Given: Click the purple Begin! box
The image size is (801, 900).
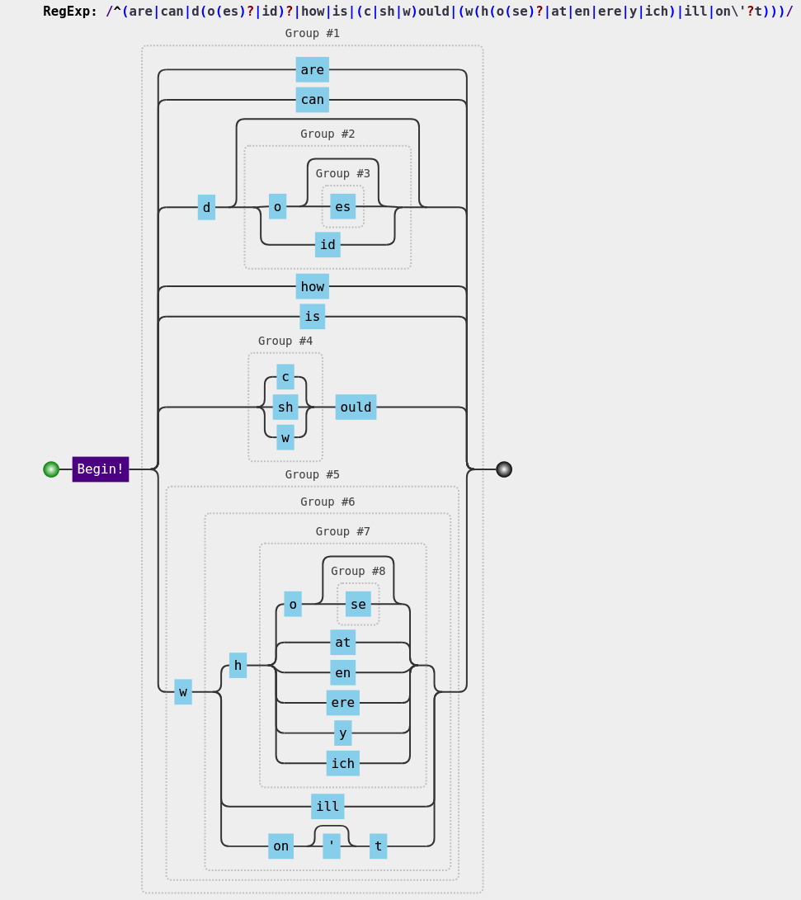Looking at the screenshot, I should (x=100, y=469).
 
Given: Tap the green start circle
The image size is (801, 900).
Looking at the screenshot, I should (x=51, y=469).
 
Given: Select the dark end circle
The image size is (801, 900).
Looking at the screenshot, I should (x=504, y=469).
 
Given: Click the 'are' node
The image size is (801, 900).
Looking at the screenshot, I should (x=312, y=70).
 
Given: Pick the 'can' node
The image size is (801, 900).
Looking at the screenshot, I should (x=312, y=100).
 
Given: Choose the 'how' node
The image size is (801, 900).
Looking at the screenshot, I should (x=312, y=287).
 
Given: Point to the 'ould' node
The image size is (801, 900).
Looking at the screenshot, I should (x=356, y=408).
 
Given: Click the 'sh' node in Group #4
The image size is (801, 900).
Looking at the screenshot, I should (x=285, y=408).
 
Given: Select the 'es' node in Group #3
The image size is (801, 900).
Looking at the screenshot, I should (x=342, y=207).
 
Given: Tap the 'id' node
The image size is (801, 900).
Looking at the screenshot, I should (x=327, y=245).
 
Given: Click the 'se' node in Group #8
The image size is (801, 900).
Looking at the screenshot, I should (x=358, y=605).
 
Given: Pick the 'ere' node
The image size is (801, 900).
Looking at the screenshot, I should (x=342, y=703).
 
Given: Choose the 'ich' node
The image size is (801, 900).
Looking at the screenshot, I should (x=342, y=764).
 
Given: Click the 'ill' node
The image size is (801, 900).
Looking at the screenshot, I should (x=327, y=807).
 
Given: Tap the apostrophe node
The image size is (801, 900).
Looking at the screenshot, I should (x=331, y=846).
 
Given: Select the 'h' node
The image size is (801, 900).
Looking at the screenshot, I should (x=238, y=666).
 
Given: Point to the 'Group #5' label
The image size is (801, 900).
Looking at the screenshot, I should (x=312, y=475).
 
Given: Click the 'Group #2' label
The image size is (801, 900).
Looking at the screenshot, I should (x=327, y=134).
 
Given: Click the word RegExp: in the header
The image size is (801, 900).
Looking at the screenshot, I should (x=70, y=12).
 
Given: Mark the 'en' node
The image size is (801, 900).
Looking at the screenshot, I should (x=342, y=673).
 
